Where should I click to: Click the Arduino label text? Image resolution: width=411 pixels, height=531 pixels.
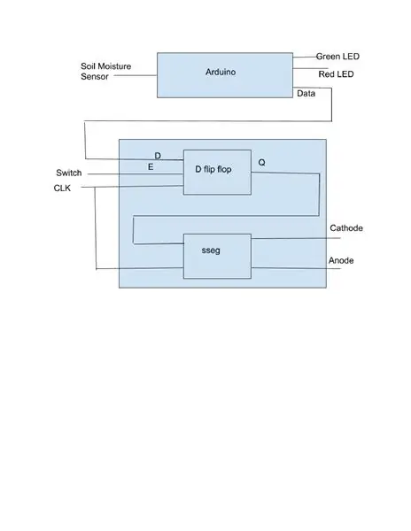coord(221,73)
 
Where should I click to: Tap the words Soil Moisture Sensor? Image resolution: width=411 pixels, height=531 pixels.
coord(105,71)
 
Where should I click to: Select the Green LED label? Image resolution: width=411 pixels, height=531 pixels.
coord(337,57)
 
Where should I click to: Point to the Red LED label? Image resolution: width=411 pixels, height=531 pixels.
coord(336,74)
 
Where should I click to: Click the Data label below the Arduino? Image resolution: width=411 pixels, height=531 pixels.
coord(306,94)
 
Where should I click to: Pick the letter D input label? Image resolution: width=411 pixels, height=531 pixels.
coord(158,156)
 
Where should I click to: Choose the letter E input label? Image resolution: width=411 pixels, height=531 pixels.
coord(151,167)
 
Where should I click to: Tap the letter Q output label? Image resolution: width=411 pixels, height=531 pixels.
coord(261,163)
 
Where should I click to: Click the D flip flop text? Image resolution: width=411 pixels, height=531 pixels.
coord(213,169)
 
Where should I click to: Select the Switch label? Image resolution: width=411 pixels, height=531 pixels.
coord(69,173)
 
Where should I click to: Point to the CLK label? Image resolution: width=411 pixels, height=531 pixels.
coord(62,188)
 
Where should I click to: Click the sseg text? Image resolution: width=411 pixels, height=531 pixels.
coord(211,250)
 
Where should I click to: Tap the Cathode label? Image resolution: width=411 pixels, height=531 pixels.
coord(346,228)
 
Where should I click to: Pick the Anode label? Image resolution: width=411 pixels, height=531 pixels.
coord(341,260)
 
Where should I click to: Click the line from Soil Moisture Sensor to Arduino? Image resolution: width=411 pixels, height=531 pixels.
coord(136,75)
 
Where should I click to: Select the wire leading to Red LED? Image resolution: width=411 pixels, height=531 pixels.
coord(310,68)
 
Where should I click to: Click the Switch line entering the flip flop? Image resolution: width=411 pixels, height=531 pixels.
coord(136,174)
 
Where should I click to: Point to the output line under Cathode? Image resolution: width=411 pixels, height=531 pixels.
coord(296,238)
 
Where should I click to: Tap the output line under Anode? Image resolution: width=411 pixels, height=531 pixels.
coord(296,268)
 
